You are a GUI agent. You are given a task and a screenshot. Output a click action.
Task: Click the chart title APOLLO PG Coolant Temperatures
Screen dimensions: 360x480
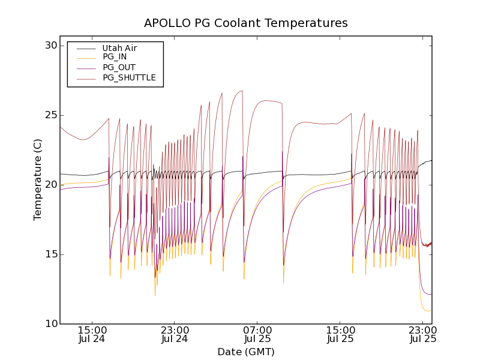click(x=246, y=23)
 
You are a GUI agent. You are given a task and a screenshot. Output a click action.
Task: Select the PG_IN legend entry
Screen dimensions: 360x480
click(x=115, y=57)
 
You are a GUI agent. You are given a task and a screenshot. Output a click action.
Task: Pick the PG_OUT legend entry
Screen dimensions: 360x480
click(x=119, y=67)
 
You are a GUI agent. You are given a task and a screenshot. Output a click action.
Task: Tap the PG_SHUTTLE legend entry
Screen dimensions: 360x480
click(x=129, y=77)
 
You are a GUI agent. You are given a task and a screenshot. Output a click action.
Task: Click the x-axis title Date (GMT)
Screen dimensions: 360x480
click(x=246, y=352)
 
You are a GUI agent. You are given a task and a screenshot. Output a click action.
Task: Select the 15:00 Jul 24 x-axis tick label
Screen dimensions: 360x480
click(x=92, y=334)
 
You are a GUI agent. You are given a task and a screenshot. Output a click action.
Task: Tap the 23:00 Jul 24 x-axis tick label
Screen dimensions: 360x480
click(x=175, y=334)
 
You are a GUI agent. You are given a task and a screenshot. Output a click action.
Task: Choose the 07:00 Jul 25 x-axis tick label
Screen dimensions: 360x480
click(x=257, y=334)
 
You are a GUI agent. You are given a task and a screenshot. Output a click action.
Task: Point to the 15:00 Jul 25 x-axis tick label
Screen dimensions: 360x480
click(x=340, y=334)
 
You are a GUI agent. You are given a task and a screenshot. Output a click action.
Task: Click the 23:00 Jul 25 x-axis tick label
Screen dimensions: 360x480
click(x=423, y=334)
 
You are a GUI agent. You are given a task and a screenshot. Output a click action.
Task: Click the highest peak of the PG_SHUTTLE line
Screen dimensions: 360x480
click(x=242, y=91)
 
